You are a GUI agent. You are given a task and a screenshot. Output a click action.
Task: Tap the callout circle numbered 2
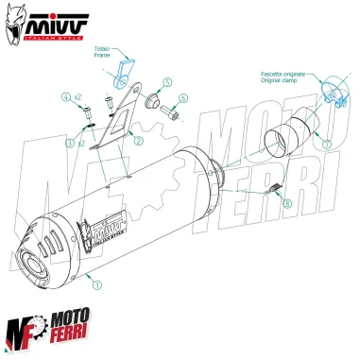(139, 141)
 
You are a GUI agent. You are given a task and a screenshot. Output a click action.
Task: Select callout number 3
(69, 143)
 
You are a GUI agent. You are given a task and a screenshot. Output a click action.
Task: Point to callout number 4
(67, 97)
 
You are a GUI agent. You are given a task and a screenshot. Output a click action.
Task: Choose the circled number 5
(166, 83)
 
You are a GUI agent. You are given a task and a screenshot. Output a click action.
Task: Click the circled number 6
(182, 97)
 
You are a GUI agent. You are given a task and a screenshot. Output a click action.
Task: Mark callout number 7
(326, 146)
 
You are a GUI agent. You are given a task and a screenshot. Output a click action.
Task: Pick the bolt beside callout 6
(170, 114)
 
